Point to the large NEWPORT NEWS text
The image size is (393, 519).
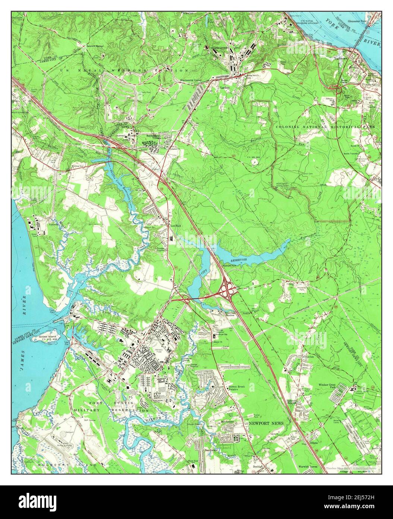tap(266, 423)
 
